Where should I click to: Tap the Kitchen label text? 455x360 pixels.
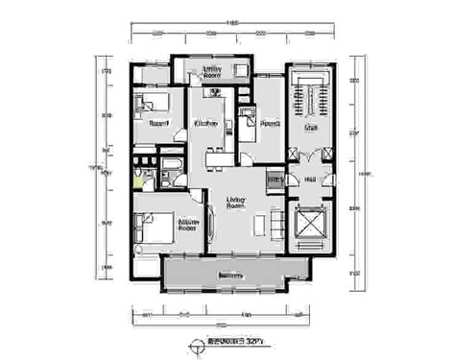click(206, 124)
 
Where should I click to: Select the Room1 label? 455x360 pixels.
click(159, 123)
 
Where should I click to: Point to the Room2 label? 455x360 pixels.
click(270, 124)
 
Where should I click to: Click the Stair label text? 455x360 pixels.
click(311, 127)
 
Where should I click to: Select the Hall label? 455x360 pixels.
click(310, 179)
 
